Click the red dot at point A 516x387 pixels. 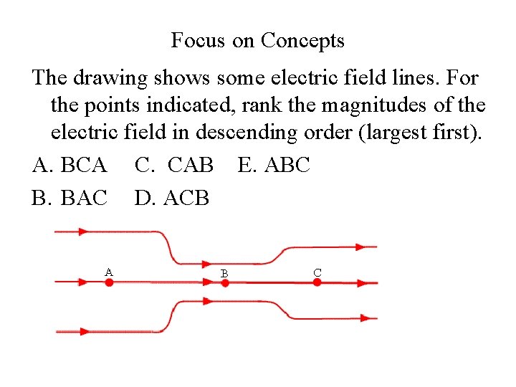[x=109, y=282]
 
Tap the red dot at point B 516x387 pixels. [x=224, y=283]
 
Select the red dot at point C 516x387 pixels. [x=317, y=282]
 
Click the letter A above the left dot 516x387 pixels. [x=108, y=272]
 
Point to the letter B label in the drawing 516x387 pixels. [x=224, y=273]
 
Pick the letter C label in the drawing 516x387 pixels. [x=317, y=272]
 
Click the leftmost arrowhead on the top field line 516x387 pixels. [x=83, y=231]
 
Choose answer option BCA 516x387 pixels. [x=70, y=166]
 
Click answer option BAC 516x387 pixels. [x=70, y=197]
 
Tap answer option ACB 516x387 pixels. [x=172, y=197]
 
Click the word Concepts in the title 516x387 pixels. [x=302, y=41]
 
